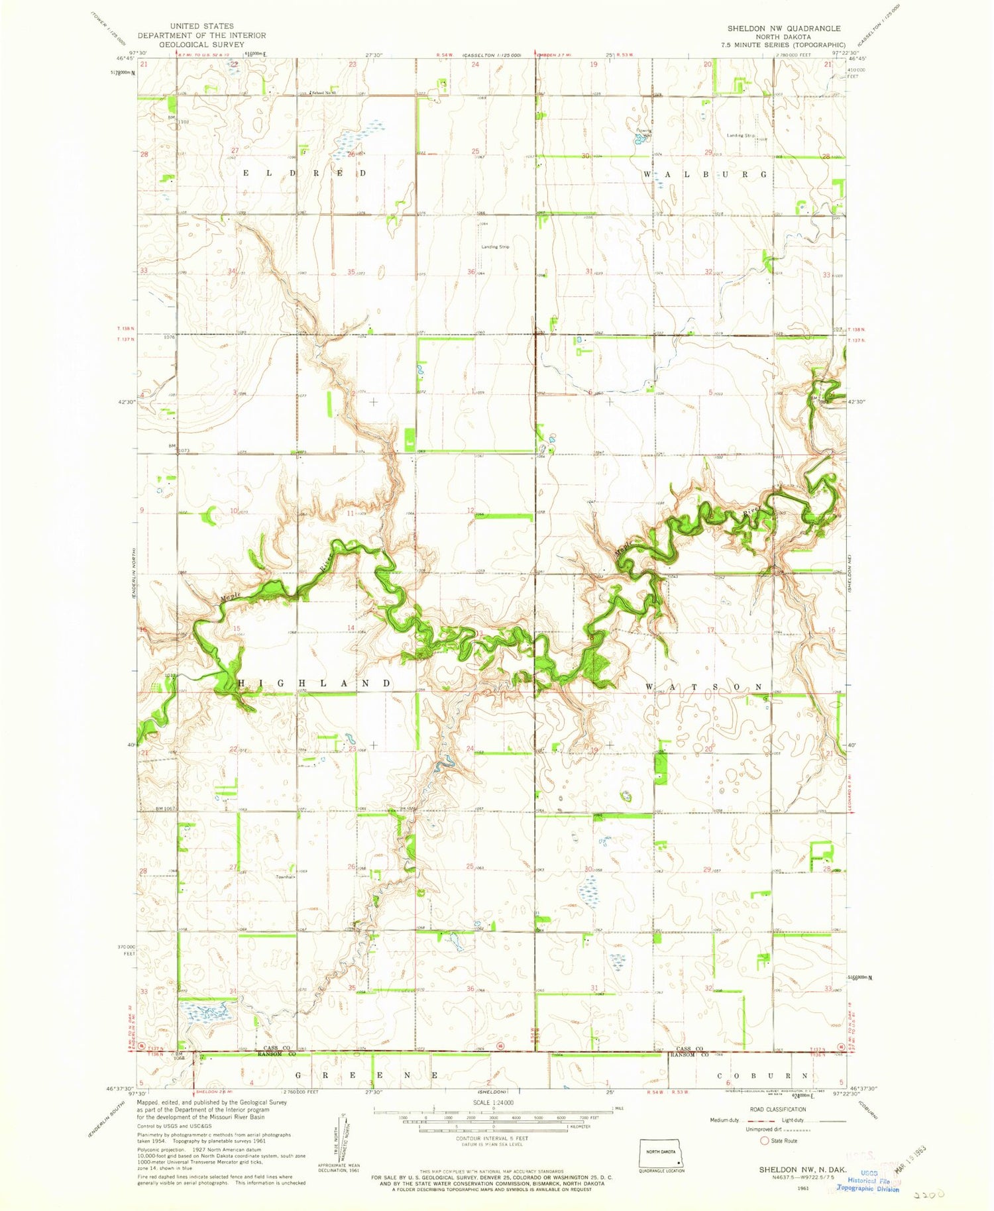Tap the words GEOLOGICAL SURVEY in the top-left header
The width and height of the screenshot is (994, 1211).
201,44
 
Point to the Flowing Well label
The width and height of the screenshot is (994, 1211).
644,131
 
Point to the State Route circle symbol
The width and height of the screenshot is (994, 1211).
765,1141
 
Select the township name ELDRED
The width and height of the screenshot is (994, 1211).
305,173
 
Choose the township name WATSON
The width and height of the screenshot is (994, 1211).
704,687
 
